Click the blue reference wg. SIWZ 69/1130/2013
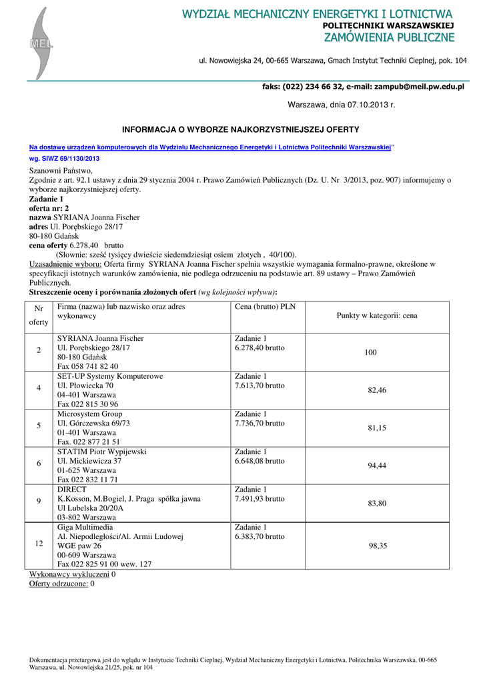[64, 159]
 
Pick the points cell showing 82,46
[377, 390]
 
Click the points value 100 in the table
[370, 352]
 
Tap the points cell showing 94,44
[377, 466]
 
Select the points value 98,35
[378, 546]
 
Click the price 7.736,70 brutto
[260, 424]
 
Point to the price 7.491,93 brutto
[260, 499]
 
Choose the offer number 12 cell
[39, 544]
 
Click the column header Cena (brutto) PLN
[265, 307]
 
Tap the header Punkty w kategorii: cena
[377, 315]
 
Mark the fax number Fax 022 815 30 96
[87, 404]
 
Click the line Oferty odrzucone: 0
[61, 584]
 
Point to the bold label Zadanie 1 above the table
[46, 199]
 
